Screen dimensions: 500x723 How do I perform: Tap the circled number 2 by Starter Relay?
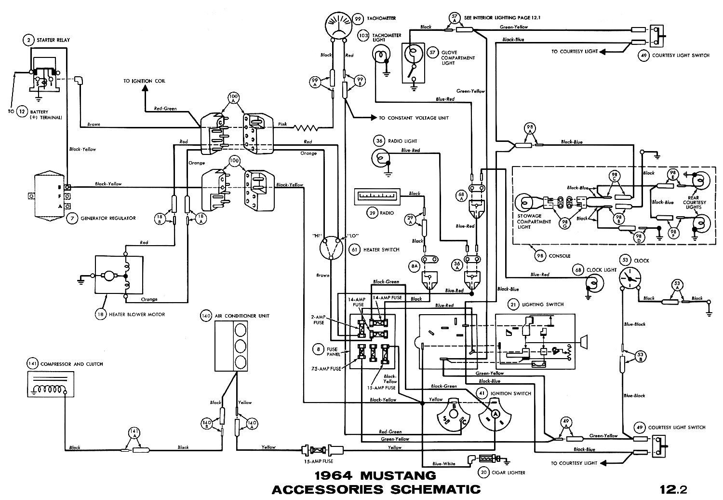[29, 40]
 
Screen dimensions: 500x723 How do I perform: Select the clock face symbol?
[629, 278]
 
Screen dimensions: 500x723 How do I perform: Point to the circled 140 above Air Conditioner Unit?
[206, 316]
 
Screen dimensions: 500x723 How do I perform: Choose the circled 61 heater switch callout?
[355, 250]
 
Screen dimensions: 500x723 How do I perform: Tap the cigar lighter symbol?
[488, 458]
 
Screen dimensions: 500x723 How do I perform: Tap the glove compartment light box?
[413, 63]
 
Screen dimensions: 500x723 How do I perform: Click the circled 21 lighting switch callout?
[514, 305]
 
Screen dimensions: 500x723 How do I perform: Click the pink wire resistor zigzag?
[306, 128]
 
